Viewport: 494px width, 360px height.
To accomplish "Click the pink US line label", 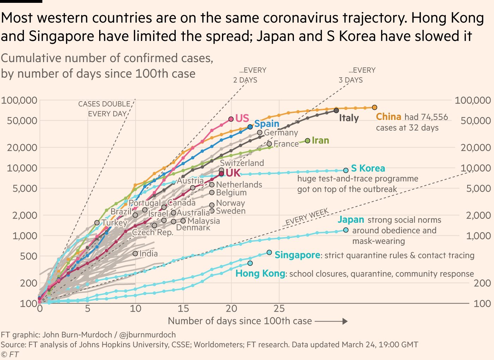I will [242, 118].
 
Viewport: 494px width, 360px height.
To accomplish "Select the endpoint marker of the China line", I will [374, 107].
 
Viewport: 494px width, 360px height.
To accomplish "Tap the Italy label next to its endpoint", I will [349, 118].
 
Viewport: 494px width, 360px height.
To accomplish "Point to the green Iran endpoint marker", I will [307, 141].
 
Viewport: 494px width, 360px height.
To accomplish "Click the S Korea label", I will [368, 168].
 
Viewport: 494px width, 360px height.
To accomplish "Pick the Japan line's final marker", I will [346, 230].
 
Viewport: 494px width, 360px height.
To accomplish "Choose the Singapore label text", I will [297, 255].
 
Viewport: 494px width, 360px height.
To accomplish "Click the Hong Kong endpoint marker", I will [250, 263].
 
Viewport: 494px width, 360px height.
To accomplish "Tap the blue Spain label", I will [267, 124].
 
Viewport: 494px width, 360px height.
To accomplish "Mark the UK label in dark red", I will [233, 173].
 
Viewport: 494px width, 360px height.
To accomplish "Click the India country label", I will [148, 253].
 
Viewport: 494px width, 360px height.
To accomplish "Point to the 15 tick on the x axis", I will [183, 309].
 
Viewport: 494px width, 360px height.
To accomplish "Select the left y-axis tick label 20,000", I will [22, 148].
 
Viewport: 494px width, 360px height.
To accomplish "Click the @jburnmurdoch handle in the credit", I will [147, 335].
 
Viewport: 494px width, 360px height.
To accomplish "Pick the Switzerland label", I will [242, 163].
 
